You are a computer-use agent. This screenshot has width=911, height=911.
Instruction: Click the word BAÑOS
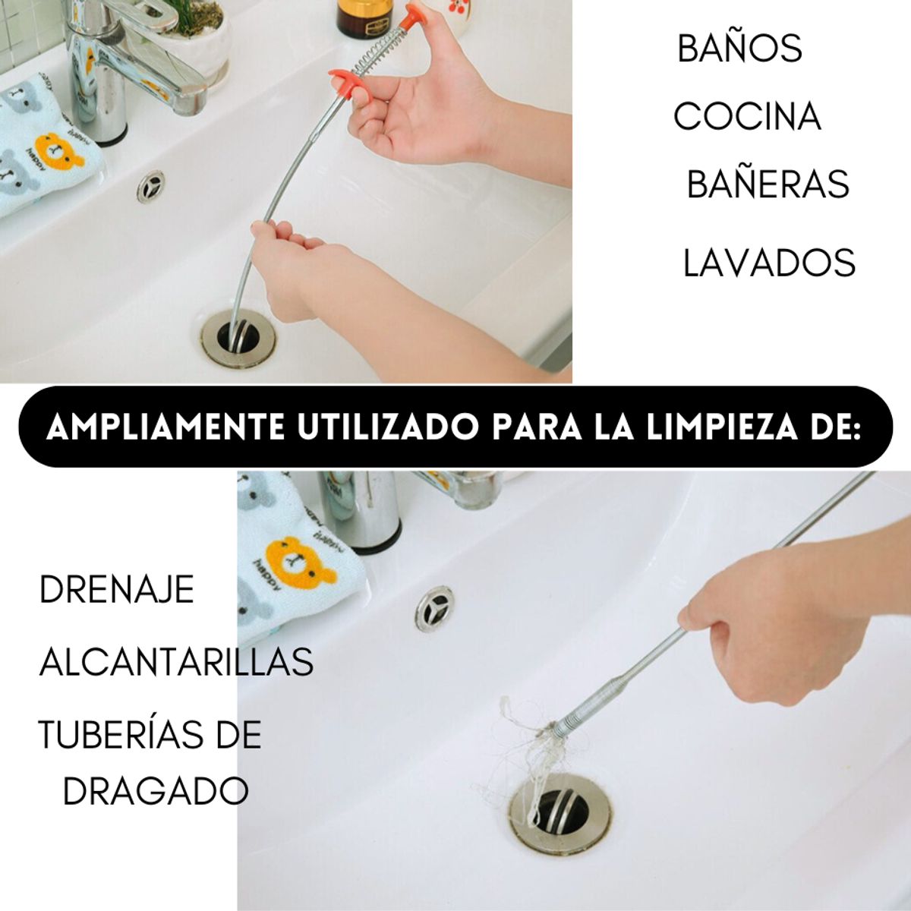[x=739, y=49]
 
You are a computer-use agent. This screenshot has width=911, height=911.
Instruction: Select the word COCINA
[x=747, y=117]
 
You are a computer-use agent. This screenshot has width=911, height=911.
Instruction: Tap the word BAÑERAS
[x=768, y=184]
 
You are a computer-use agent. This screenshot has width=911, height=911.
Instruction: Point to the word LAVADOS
[x=769, y=263]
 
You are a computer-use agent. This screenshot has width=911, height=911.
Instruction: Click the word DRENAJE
[x=117, y=590]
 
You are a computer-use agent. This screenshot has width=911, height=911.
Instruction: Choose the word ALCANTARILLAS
[x=176, y=662]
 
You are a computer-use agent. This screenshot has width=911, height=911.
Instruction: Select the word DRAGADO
[x=156, y=792]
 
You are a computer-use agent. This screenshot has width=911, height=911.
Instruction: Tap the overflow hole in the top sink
[x=150, y=186]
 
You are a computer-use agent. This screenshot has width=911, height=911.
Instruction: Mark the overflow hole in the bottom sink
[x=434, y=608]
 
